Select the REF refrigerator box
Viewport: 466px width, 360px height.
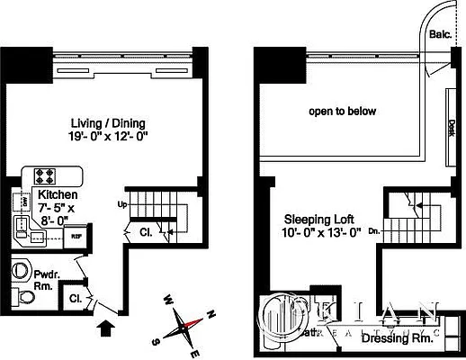[x=78, y=238]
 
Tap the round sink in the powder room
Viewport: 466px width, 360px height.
[x=19, y=269]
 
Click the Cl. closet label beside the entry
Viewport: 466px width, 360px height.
[x=76, y=296]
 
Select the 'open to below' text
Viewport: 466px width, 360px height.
[x=343, y=112]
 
